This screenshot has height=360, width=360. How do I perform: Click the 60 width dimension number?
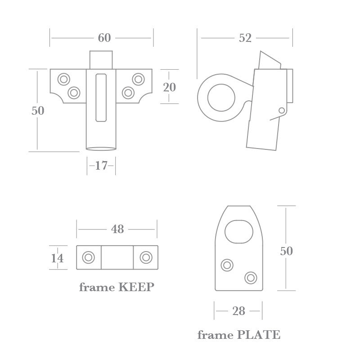104,38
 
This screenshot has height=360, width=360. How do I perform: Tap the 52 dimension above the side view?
245,38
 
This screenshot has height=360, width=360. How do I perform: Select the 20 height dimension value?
169,87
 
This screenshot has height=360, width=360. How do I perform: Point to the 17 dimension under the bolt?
101,166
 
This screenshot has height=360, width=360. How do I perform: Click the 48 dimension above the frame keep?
117,229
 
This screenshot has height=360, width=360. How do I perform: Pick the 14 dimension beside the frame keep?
57,258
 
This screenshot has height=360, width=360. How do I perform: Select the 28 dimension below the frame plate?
238,311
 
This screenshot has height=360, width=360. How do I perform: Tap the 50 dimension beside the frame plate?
286,251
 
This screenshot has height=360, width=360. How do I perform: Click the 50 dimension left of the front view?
38,110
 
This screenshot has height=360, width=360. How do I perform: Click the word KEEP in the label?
136,287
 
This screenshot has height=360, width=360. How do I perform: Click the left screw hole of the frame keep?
88,257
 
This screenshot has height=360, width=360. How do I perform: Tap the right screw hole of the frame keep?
145,257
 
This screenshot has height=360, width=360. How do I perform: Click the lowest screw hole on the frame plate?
250,277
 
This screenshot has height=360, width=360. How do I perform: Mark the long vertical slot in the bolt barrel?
101,97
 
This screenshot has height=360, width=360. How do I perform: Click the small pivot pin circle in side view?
282,110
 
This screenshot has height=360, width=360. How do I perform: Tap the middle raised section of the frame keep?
117,257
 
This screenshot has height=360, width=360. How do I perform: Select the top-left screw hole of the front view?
63,79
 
